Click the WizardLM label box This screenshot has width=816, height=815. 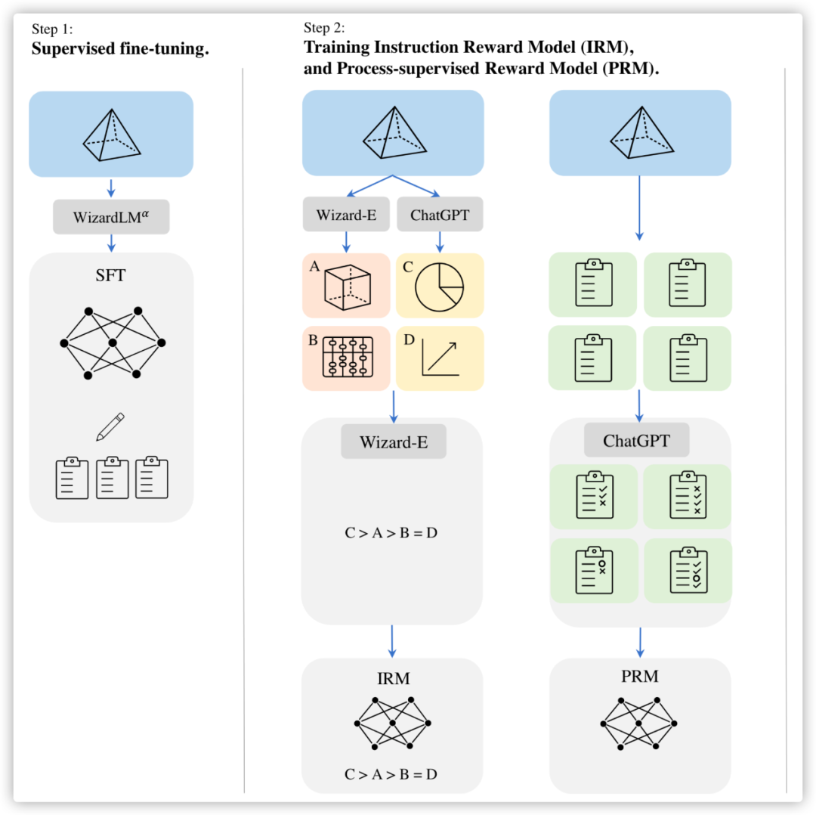click(x=111, y=217)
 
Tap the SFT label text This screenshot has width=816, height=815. click(x=111, y=275)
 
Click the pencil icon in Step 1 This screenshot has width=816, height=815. click(x=110, y=426)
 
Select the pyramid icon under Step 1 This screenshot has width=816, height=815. click(x=111, y=135)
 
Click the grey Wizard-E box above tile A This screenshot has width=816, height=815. click(x=346, y=215)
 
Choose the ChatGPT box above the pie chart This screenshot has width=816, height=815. click(x=440, y=215)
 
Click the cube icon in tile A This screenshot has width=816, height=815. click(x=348, y=288)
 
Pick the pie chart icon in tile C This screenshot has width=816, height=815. click(x=440, y=287)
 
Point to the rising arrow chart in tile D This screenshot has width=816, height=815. click(x=440, y=358)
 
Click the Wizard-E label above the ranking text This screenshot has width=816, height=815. click(x=394, y=442)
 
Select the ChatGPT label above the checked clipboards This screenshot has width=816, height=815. click(x=636, y=441)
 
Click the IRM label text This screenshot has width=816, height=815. click(x=393, y=679)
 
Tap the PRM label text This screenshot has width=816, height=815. click(x=639, y=676)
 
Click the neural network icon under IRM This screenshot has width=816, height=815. click(x=392, y=723)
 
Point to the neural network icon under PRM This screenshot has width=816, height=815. click(x=639, y=723)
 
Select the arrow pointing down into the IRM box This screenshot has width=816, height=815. click(x=392, y=640)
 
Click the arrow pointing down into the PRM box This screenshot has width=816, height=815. click(x=640, y=641)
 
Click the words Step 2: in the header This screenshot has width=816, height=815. click(x=324, y=29)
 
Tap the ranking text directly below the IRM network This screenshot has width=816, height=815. click(x=391, y=774)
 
